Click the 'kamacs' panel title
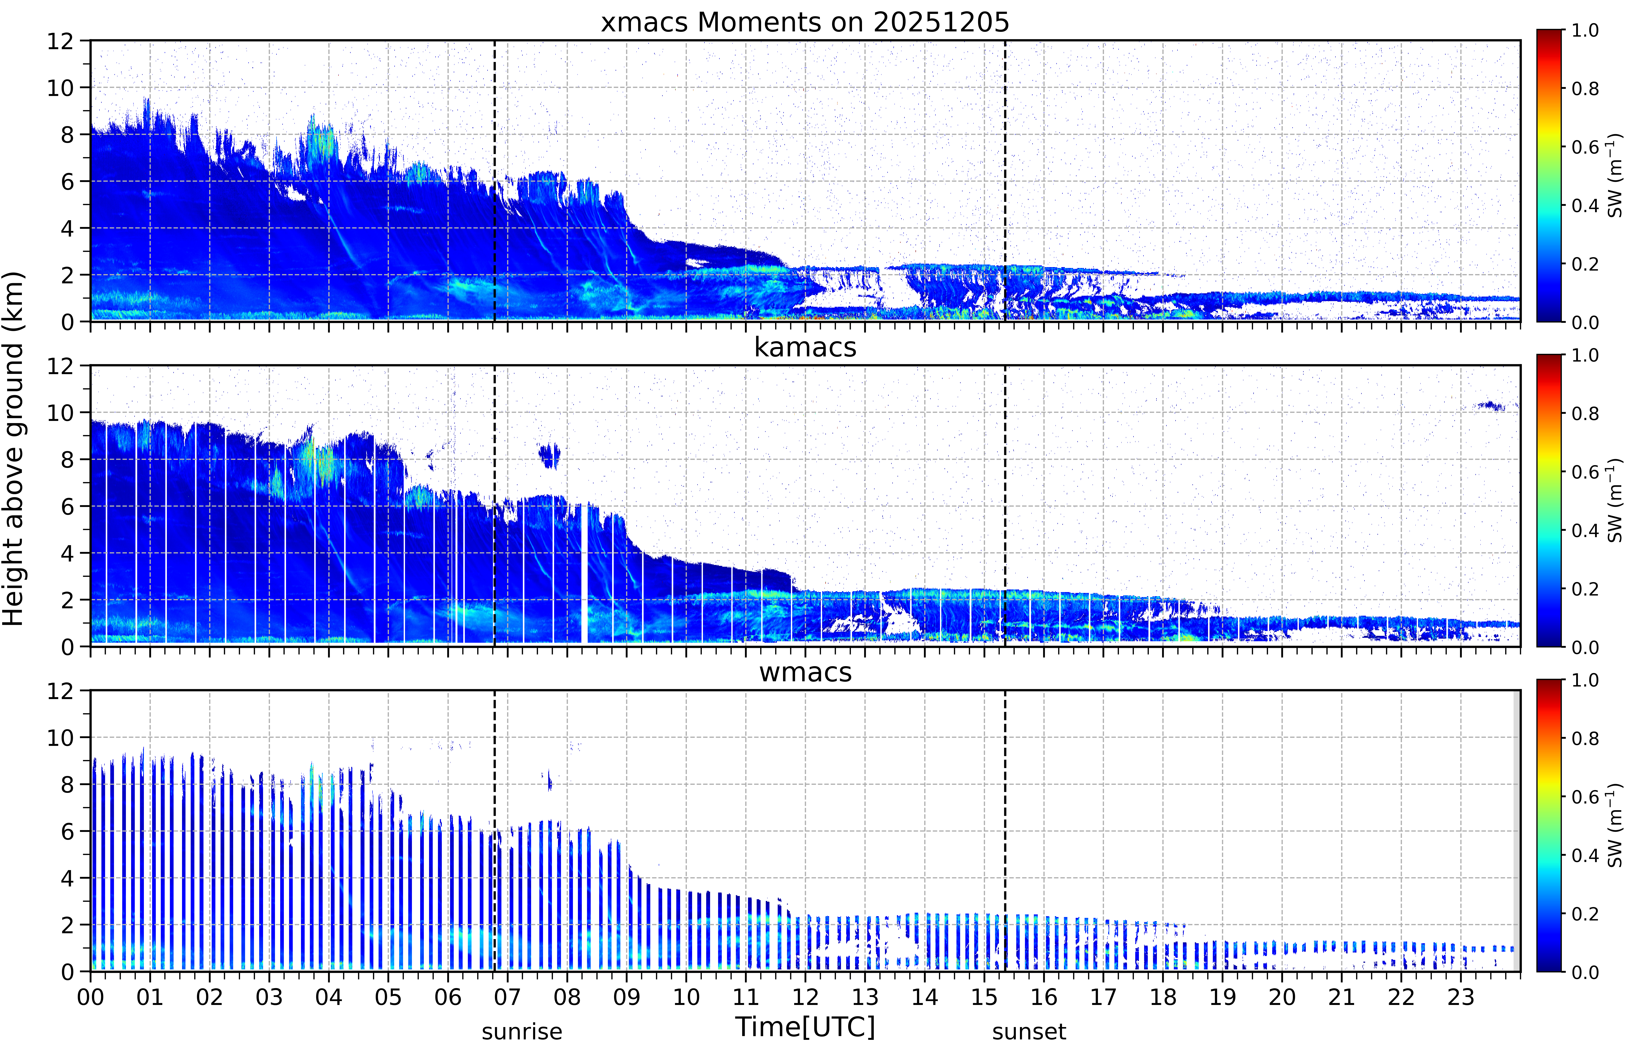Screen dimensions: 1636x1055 (x=805, y=347)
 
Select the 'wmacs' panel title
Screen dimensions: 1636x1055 (x=805, y=672)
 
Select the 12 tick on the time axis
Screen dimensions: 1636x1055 (x=805, y=997)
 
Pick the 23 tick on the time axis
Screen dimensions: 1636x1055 (x=1461, y=997)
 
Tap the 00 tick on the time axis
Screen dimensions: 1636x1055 (x=90, y=997)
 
